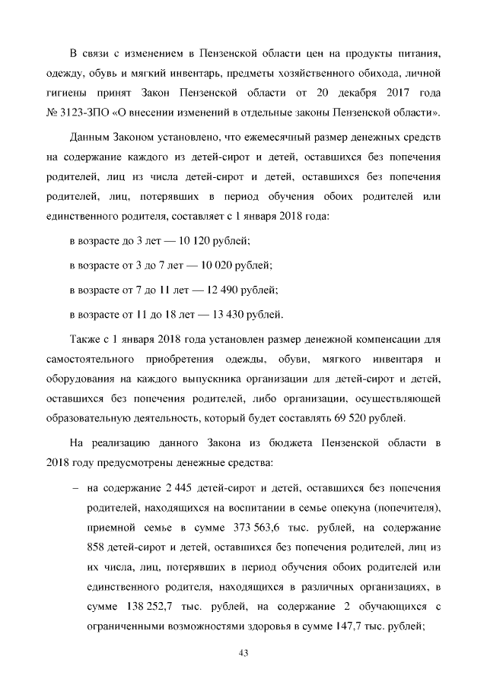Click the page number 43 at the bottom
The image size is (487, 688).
click(243, 653)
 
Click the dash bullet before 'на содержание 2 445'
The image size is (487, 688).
click(75, 487)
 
